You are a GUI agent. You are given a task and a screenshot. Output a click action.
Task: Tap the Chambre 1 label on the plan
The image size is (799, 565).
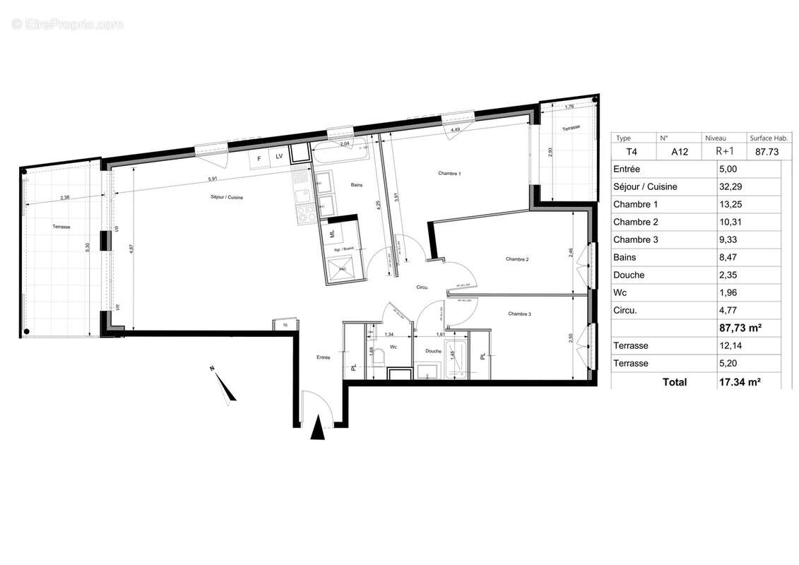click(x=449, y=174)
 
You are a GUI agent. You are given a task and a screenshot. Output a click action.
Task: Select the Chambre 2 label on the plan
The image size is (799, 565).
click(x=517, y=260)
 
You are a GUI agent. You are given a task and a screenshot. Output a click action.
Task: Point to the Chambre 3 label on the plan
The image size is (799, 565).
click(x=519, y=314)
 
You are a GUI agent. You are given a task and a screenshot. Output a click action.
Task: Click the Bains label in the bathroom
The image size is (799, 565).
click(x=357, y=185)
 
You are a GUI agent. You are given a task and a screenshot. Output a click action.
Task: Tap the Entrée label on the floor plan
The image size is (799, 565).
click(x=324, y=358)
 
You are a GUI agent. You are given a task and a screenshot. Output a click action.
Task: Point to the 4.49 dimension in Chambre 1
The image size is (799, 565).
click(x=456, y=129)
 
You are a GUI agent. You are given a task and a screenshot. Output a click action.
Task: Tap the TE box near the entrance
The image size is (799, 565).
click(x=285, y=326)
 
